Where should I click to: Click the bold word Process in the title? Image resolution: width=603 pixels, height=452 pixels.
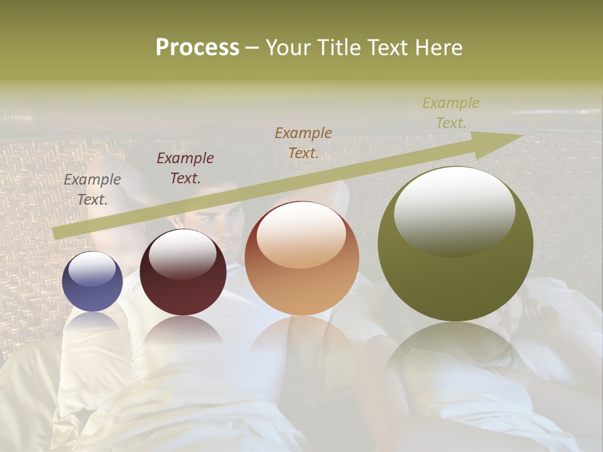(x=197, y=48)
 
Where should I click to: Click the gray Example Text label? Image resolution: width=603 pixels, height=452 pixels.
(x=92, y=190)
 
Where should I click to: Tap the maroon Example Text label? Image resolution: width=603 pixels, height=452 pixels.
(x=185, y=168)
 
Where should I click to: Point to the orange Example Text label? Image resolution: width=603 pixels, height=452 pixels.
(x=303, y=143)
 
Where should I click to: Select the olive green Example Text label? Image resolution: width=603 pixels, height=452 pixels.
(x=451, y=113)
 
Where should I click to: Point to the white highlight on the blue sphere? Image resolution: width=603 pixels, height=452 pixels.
(x=92, y=268)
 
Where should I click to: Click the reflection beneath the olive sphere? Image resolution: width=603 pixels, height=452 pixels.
(x=455, y=358)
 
